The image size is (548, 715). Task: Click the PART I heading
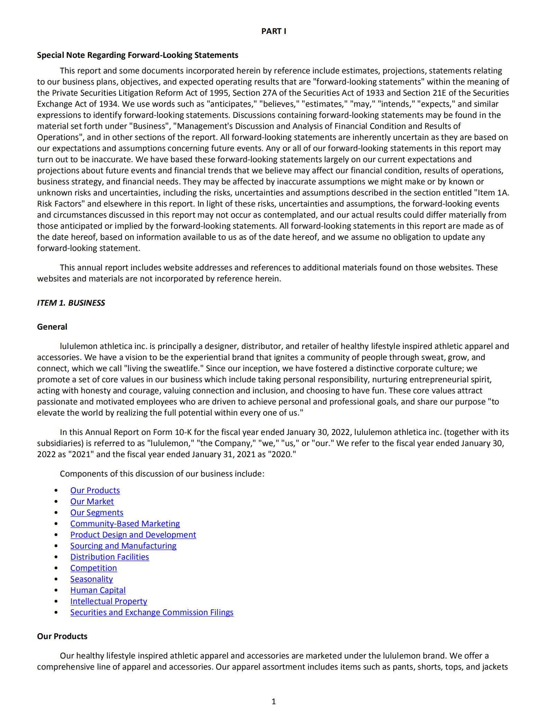273,31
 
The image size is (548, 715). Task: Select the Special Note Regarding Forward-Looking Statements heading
137,55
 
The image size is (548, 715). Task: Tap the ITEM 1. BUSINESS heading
71,303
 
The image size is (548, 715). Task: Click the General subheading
52,327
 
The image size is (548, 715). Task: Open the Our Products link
95,490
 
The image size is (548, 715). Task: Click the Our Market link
92,502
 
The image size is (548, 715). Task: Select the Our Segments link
97,513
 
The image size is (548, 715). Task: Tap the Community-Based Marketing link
125,524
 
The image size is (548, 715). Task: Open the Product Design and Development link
133,535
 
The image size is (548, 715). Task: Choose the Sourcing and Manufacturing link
123,546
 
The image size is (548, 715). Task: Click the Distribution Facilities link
109,557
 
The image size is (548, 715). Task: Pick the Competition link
93,568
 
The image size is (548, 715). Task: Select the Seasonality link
91,579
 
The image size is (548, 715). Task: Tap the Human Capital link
98,590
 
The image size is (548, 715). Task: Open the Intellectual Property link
109,601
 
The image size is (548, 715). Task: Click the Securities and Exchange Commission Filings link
152,612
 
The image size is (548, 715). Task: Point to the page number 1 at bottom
273,701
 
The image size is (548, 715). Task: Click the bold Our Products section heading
62,636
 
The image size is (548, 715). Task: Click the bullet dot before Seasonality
56,579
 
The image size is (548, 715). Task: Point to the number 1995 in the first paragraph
219,93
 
